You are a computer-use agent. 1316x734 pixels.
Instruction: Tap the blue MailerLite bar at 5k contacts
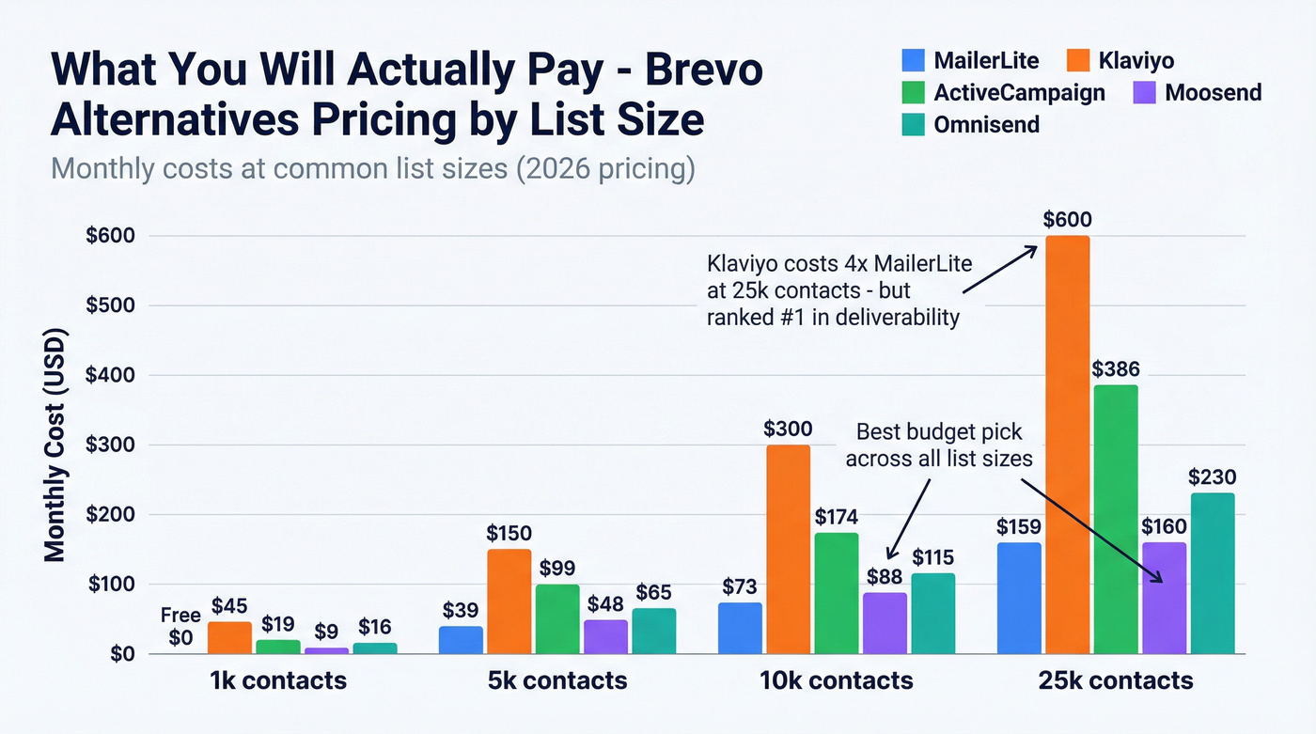pyautogui.click(x=461, y=639)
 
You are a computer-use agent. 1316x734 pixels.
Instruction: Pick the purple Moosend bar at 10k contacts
pyautogui.click(x=885, y=622)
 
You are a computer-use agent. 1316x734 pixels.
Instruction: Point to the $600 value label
pyautogui.click(x=1068, y=220)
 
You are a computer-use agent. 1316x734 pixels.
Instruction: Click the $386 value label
pyautogui.click(x=1116, y=369)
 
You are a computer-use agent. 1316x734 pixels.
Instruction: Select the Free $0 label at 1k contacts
pyautogui.click(x=180, y=627)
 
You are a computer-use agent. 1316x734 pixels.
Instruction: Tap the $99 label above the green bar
pyautogui.click(x=557, y=569)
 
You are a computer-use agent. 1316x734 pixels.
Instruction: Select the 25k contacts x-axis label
pyautogui.click(x=1117, y=680)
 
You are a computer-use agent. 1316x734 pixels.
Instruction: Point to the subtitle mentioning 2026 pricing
pyautogui.click(x=372, y=170)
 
